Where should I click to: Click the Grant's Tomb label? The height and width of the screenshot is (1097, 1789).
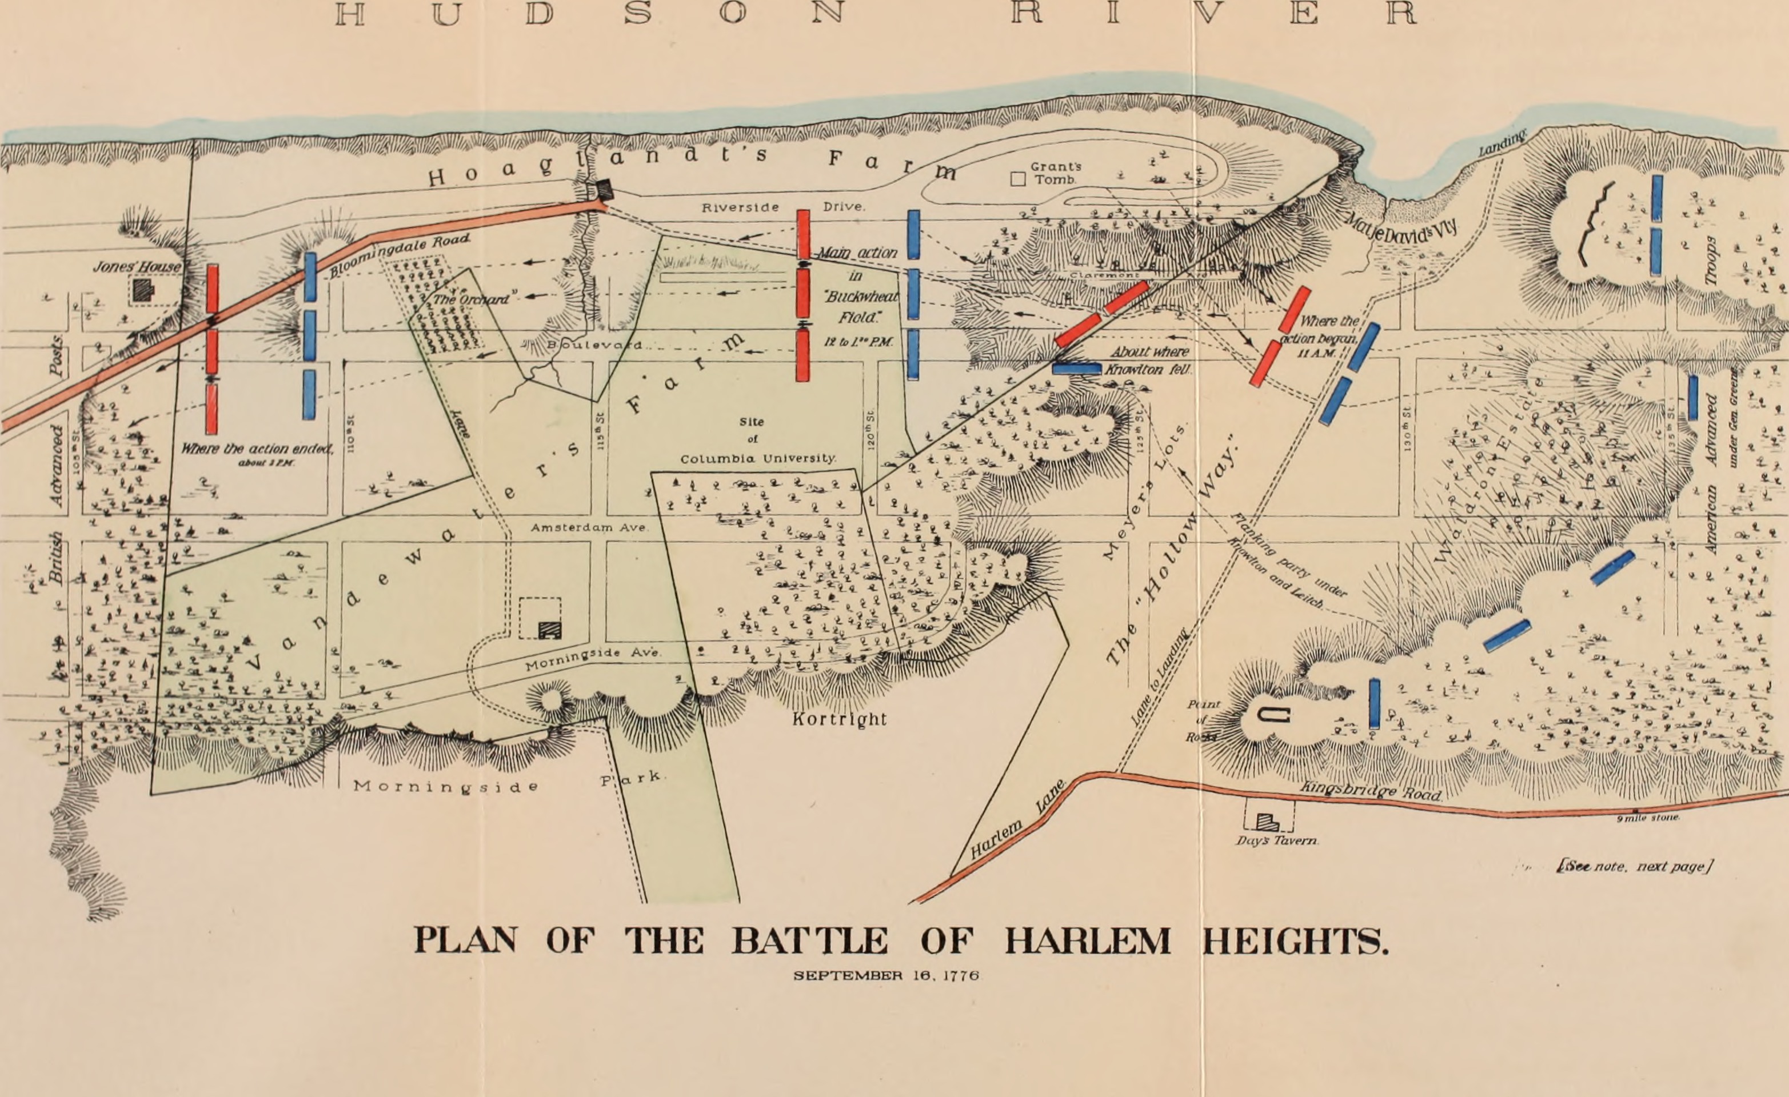pyautogui.click(x=1056, y=173)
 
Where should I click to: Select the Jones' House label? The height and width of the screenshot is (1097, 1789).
pyautogui.click(x=137, y=266)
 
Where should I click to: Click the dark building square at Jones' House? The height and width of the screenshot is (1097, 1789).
pyautogui.click(x=143, y=290)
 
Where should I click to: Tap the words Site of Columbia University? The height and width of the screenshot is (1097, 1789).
pyautogui.click(x=757, y=440)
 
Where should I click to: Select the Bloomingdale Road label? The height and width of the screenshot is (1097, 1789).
pyautogui.click(x=400, y=255)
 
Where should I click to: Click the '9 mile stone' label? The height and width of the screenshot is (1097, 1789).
pyautogui.click(x=1647, y=818)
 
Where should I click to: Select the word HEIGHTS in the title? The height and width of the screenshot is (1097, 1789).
pyautogui.click(x=1295, y=942)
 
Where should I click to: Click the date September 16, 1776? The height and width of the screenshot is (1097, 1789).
pyautogui.click(x=886, y=976)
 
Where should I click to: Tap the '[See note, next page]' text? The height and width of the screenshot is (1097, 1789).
pyautogui.click(x=1634, y=866)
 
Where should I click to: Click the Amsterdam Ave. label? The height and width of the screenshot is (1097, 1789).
pyautogui.click(x=588, y=528)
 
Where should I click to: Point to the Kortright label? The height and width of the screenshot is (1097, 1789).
pyautogui.click(x=839, y=719)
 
